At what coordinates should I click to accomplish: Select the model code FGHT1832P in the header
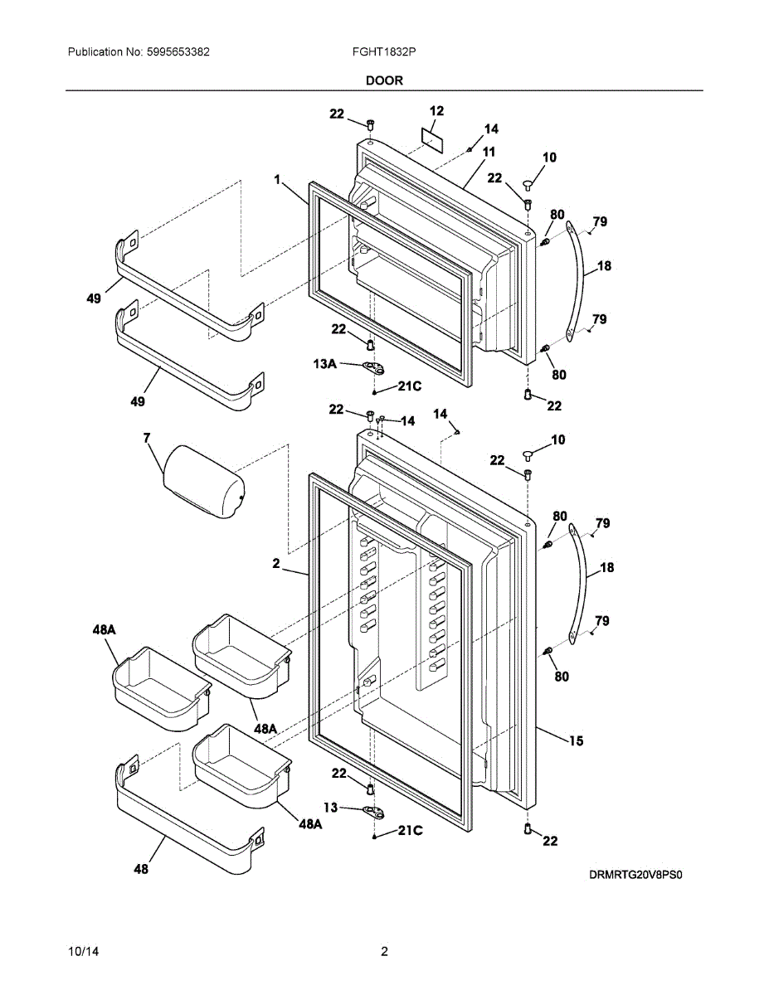[384, 51]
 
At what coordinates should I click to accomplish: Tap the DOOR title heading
[384, 80]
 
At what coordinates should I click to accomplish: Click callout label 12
[436, 110]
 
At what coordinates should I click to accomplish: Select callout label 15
[575, 740]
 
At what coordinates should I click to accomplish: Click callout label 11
[489, 152]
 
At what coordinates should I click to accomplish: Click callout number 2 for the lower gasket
[276, 563]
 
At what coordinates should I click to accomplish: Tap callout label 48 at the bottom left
[142, 869]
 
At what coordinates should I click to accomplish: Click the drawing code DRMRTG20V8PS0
[640, 874]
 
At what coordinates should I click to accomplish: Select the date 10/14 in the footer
[81, 952]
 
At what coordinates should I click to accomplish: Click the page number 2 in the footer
[384, 952]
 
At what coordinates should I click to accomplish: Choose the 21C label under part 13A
[410, 386]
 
